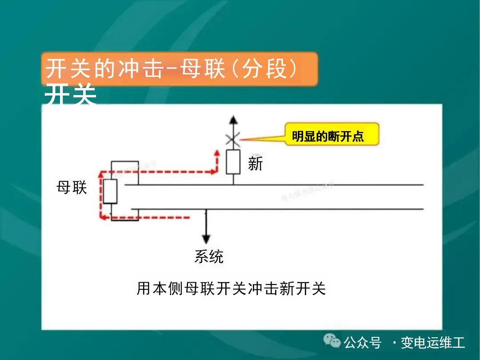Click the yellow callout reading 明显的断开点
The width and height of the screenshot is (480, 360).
[332, 135]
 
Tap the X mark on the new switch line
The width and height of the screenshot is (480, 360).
[232, 139]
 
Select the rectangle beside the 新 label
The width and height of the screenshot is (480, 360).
[233, 162]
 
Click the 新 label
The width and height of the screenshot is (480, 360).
[256, 164]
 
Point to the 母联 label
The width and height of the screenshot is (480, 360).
[72, 188]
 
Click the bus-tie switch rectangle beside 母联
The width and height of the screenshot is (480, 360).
[110, 192]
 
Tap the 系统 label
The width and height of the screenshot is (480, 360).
[209, 256]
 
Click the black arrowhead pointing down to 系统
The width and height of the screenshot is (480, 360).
[206, 238]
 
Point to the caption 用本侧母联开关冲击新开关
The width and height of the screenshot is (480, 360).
[231, 289]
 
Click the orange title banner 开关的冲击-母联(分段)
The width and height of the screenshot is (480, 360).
[180, 69]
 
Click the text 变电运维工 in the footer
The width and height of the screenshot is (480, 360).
[432, 343]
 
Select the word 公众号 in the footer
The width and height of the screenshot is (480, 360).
[363, 343]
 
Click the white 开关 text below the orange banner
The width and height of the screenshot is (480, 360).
[71, 95]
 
